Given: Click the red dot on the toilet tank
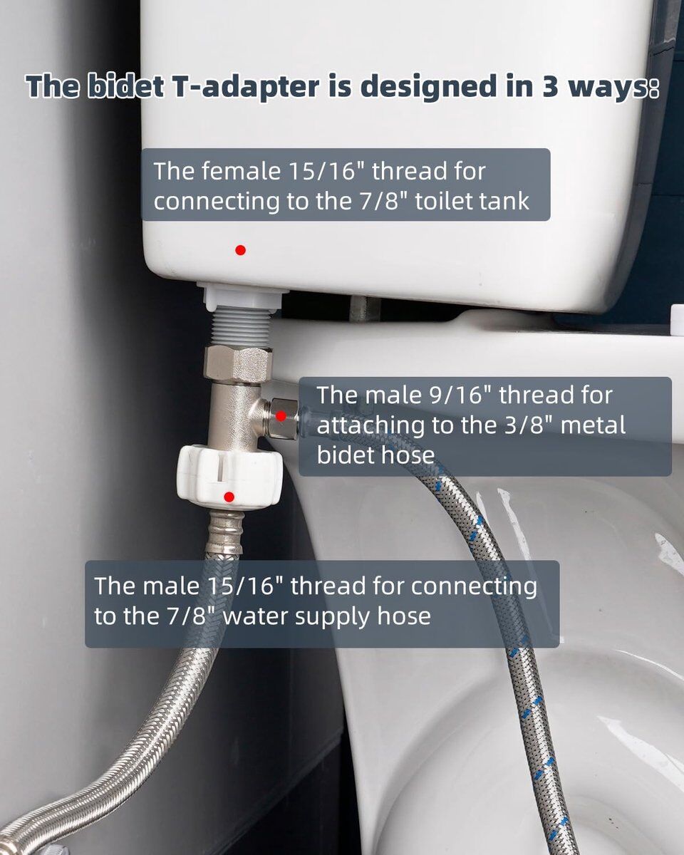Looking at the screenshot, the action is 240,250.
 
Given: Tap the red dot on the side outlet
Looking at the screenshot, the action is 281,416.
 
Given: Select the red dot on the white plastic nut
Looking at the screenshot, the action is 229,497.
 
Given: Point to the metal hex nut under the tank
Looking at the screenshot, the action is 238,364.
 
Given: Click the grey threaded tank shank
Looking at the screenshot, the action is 239,328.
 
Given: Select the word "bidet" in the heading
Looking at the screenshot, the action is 125,87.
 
